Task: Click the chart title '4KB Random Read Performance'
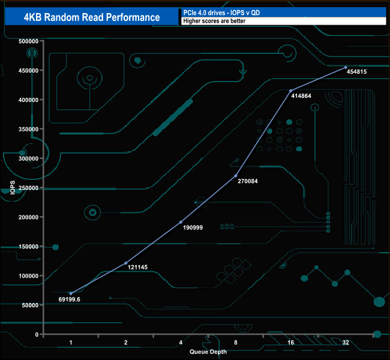tap(92, 17)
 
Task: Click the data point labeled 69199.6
tap(71, 293)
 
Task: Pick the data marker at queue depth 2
tap(125, 263)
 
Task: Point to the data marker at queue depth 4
tap(181, 222)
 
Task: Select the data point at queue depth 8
tap(236, 176)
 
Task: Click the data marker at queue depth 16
tap(291, 91)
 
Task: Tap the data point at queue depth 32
tap(346, 67)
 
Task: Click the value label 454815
tap(356, 71)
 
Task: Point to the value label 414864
tap(302, 95)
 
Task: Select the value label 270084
tap(247, 181)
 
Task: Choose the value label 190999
tap(192, 229)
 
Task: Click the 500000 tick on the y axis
tap(29, 41)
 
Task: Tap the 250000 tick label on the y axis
tap(29, 188)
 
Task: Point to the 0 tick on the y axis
tap(37, 334)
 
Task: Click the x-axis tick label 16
tap(291, 342)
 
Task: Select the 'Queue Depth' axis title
tap(208, 351)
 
